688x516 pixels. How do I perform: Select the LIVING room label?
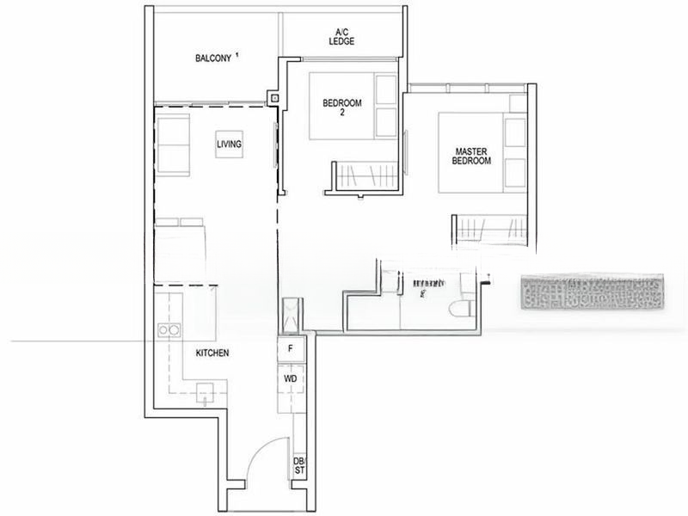[x=229, y=144]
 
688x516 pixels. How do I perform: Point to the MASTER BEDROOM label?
[x=473, y=156]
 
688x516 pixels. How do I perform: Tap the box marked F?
[x=291, y=349]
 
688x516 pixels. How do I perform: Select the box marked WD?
[x=290, y=378]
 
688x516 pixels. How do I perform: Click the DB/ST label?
[x=298, y=465]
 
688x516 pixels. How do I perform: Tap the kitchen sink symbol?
[x=205, y=394]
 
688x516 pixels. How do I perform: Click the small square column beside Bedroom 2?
[x=274, y=98]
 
